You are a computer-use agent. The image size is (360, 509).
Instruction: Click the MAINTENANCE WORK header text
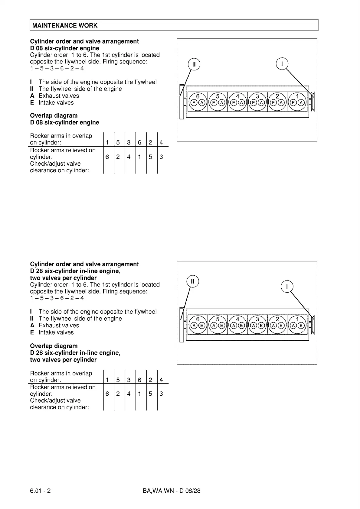coord(65,25)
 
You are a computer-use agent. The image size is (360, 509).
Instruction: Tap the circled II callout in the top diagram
coord(194,64)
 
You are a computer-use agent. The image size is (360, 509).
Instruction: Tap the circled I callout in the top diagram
coord(282,64)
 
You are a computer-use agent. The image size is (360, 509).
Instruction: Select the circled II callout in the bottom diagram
coord(192,281)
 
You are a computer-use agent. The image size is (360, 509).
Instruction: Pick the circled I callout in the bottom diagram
coord(287,287)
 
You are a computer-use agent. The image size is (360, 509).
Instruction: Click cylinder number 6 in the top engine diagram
coord(198,96)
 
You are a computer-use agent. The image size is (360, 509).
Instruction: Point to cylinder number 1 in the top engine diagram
coord(297,96)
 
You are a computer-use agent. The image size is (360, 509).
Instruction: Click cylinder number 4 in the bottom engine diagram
coord(237,319)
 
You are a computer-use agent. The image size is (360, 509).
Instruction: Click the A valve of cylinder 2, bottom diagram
coord(273,326)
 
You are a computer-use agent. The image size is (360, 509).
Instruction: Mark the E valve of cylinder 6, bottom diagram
coord(202,326)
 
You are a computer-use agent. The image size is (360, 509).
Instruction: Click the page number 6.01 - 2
coord(40,491)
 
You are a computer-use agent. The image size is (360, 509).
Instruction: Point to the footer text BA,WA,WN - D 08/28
coord(171,491)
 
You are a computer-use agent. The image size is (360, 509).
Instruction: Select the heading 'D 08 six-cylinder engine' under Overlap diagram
coord(64,122)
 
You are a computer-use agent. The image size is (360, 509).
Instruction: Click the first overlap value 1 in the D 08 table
coord(107,142)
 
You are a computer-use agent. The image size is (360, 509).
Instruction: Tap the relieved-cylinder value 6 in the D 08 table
coord(107,157)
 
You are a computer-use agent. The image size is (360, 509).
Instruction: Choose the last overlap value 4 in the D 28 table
coord(161,380)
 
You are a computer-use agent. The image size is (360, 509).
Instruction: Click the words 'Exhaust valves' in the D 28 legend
coord(59,326)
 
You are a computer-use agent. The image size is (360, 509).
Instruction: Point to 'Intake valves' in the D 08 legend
coord(56,102)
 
